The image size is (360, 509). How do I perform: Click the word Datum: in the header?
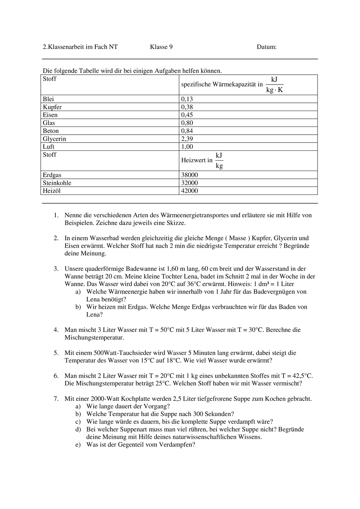click(x=266, y=47)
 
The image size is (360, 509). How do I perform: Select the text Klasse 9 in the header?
click(x=161, y=47)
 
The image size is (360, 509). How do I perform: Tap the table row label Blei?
click(x=48, y=99)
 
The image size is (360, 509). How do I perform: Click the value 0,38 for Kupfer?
click(x=187, y=107)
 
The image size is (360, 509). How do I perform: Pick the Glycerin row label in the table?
click(x=54, y=139)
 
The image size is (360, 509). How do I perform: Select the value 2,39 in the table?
click(x=187, y=139)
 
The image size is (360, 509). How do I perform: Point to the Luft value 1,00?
click(x=187, y=147)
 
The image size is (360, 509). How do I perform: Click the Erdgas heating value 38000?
click(x=189, y=175)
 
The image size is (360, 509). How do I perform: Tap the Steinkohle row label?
click(x=57, y=183)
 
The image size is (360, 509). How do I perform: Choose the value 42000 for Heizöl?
click(x=189, y=191)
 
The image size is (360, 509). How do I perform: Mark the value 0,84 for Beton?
click(x=187, y=131)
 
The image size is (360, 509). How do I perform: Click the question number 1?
click(x=56, y=215)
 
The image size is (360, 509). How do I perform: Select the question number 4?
click(x=56, y=330)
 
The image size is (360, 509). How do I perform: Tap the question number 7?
click(x=56, y=399)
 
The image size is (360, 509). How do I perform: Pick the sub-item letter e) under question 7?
click(x=78, y=445)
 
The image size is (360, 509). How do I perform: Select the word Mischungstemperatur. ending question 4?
click(x=94, y=338)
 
